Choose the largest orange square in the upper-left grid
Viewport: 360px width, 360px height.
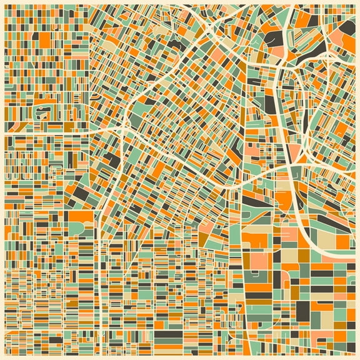click(x=44, y=38)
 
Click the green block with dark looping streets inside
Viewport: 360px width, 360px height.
click(x=44, y=112)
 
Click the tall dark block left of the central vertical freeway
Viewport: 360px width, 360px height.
click(x=270, y=102)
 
